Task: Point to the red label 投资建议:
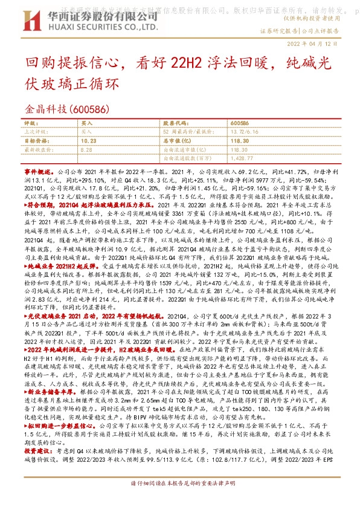pyautogui.click(x=39, y=433)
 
